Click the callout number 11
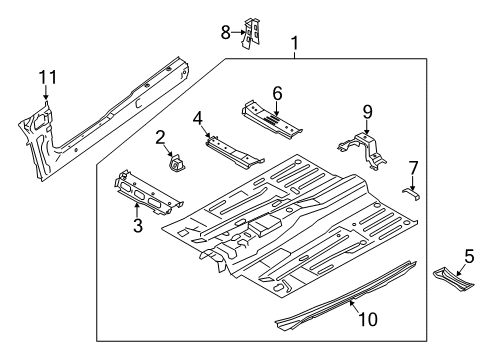[48, 78]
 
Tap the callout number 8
[226, 33]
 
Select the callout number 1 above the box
[295, 44]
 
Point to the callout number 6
[277, 93]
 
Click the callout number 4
[198, 119]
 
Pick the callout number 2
[160, 138]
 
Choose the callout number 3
[138, 225]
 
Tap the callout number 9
[367, 112]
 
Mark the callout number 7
[413, 168]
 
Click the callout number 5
[469, 257]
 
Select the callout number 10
[368, 319]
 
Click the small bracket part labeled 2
[178, 164]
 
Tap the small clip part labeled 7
[411, 193]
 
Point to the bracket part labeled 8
[251, 33]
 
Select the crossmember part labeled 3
[147, 193]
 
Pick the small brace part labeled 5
[453, 279]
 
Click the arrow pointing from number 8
[238, 32]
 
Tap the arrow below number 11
[46, 93]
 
